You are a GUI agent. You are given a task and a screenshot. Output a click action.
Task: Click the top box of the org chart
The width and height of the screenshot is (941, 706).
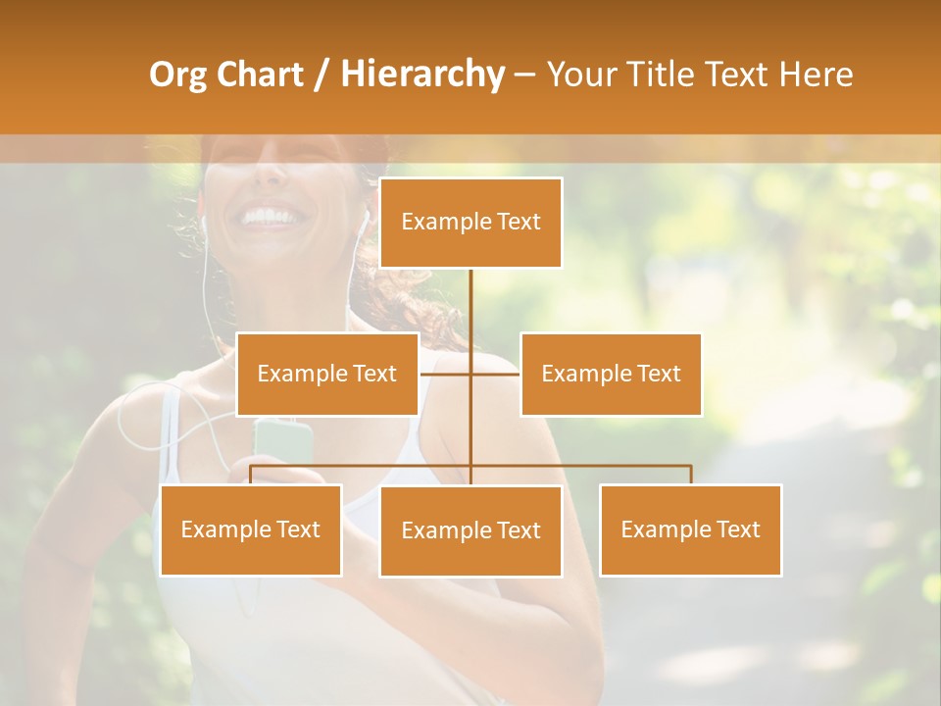pos(470,223)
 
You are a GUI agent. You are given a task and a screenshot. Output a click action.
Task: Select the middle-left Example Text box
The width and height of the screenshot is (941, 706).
pos(327,374)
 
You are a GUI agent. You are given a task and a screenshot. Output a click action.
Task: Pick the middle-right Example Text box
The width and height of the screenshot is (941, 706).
pos(611,374)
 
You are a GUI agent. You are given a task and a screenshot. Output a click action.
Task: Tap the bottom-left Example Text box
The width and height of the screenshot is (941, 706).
pos(251,529)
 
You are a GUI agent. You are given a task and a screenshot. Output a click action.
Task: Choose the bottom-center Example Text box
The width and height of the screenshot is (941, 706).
pos(470,530)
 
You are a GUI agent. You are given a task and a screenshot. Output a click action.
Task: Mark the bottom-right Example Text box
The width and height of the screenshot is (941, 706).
pos(690,529)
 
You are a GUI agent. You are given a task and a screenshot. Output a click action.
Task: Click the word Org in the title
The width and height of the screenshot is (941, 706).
pos(177,75)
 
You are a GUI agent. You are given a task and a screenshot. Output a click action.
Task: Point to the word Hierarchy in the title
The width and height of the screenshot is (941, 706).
pos(422,75)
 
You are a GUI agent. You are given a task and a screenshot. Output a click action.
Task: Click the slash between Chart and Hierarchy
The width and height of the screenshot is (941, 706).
pos(322,75)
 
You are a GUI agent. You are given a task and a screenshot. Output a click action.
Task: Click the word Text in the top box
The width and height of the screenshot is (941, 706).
pos(517,222)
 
